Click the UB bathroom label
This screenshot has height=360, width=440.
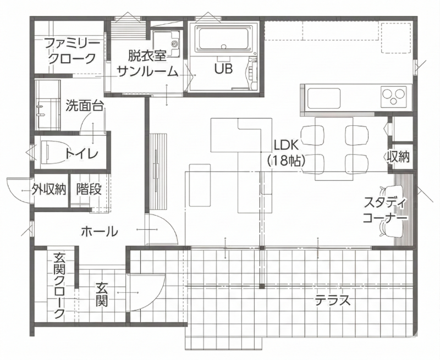click(x=224, y=69)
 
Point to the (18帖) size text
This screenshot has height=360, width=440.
click(x=286, y=161)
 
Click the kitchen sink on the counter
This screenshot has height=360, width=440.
click(x=324, y=99)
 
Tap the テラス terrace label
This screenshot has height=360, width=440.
click(x=333, y=301)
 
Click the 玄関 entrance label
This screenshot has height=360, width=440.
click(x=102, y=295)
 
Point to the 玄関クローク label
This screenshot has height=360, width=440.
click(x=59, y=286)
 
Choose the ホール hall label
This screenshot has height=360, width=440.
click(x=100, y=232)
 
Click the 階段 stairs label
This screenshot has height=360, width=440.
click(x=89, y=190)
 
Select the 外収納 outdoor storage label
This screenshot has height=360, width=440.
click(x=49, y=190)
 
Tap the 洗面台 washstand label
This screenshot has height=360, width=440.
click(x=85, y=106)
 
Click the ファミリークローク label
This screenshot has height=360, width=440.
click(x=73, y=51)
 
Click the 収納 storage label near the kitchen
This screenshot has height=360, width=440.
click(x=398, y=157)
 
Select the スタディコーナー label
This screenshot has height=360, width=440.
click(x=384, y=210)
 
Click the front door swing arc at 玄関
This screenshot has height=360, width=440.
click(x=157, y=295)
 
